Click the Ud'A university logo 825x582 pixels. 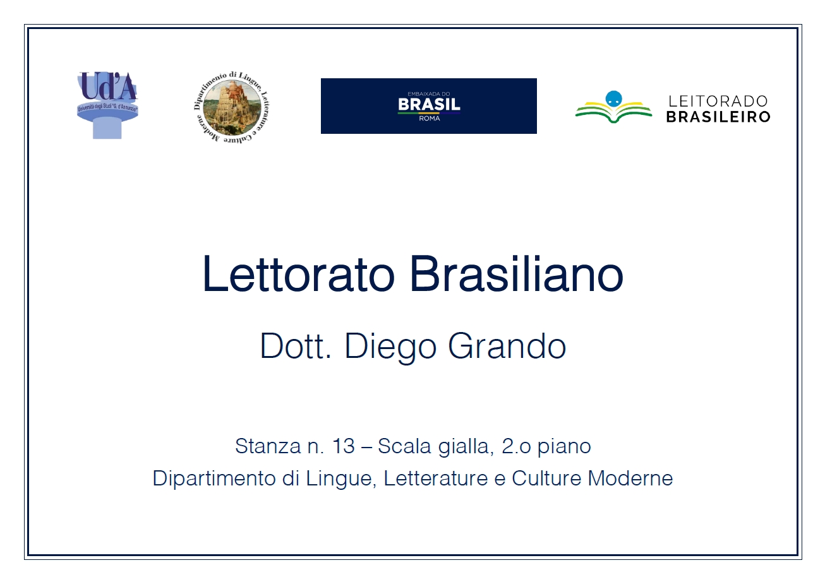click(107, 105)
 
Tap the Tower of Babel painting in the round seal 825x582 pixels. click(232, 107)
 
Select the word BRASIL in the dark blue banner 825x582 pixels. click(429, 105)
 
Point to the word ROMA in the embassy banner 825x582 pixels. click(430, 119)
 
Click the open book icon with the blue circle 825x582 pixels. click(613, 107)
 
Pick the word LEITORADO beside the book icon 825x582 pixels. click(718, 101)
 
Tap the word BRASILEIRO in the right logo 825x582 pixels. click(718, 117)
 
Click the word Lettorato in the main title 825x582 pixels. click(299, 274)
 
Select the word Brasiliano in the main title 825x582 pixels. click(516, 274)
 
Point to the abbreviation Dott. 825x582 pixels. click(296, 346)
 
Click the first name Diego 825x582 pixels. click(390, 348)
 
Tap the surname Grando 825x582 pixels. click(507, 346)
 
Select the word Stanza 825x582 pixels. click(268, 446)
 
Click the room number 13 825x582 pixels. click(343, 446)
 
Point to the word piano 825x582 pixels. click(564, 448)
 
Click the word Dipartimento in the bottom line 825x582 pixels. click(214, 478)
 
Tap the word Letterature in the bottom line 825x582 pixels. click(436, 478)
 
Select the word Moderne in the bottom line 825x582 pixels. click(630, 478)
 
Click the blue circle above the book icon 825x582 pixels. click(613, 98)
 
